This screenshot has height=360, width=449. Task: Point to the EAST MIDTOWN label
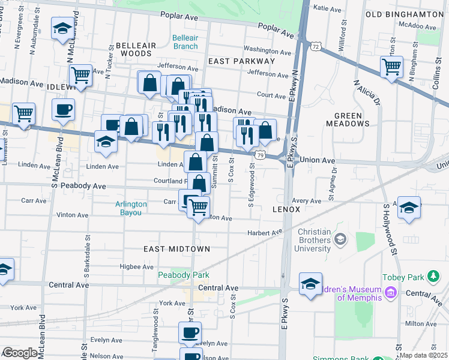[x=176, y=248]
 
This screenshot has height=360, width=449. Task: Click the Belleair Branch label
[x=185, y=41]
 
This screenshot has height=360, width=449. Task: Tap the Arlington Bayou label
[x=131, y=208]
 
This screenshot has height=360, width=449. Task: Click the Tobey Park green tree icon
[x=432, y=276]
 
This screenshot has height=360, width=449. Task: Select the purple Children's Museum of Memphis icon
[x=391, y=293]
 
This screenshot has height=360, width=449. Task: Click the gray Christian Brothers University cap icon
[x=340, y=239]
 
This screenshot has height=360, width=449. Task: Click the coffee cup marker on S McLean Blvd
[x=63, y=110]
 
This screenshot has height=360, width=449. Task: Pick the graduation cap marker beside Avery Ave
[x=409, y=208]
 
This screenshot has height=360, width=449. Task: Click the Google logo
[x=20, y=353]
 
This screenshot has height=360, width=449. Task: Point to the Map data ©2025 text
[x=423, y=355]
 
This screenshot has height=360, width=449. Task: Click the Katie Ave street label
[x=327, y=8]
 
